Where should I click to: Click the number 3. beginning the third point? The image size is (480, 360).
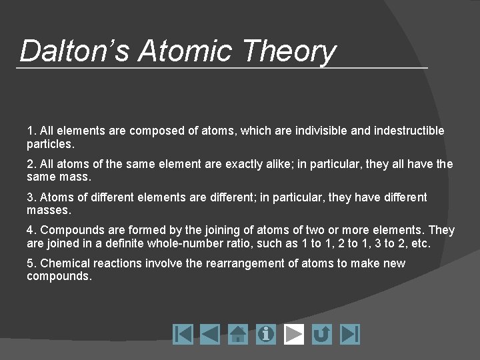31,197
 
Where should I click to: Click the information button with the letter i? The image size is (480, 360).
266,334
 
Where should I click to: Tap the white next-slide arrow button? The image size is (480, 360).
294,334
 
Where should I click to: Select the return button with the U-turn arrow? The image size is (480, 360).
322,334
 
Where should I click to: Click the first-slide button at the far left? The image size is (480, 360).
183,334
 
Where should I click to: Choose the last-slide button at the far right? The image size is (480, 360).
350,334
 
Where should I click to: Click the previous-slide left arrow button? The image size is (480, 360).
210,334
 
